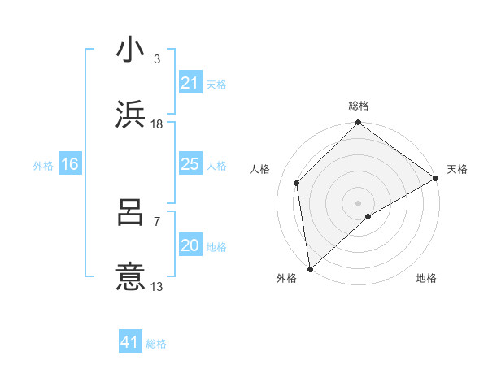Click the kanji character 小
(x=131, y=50)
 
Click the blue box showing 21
(x=190, y=83)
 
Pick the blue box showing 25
(x=190, y=165)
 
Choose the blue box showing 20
(x=190, y=246)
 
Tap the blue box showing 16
(x=70, y=165)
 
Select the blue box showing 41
(x=130, y=342)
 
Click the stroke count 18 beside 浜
(x=157, y=124)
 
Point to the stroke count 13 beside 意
(x=157, y=286)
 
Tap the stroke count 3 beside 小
(x=156, y=59)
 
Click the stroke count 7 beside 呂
(x=156, y=222)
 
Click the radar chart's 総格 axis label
(x=359, y=106)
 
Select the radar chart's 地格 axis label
(x=426, y=278)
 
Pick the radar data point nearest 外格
(x=310, y=269)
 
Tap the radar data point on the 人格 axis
(x=297, y=183)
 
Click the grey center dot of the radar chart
(x=359, y=202)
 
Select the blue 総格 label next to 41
(x=156, y=344)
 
